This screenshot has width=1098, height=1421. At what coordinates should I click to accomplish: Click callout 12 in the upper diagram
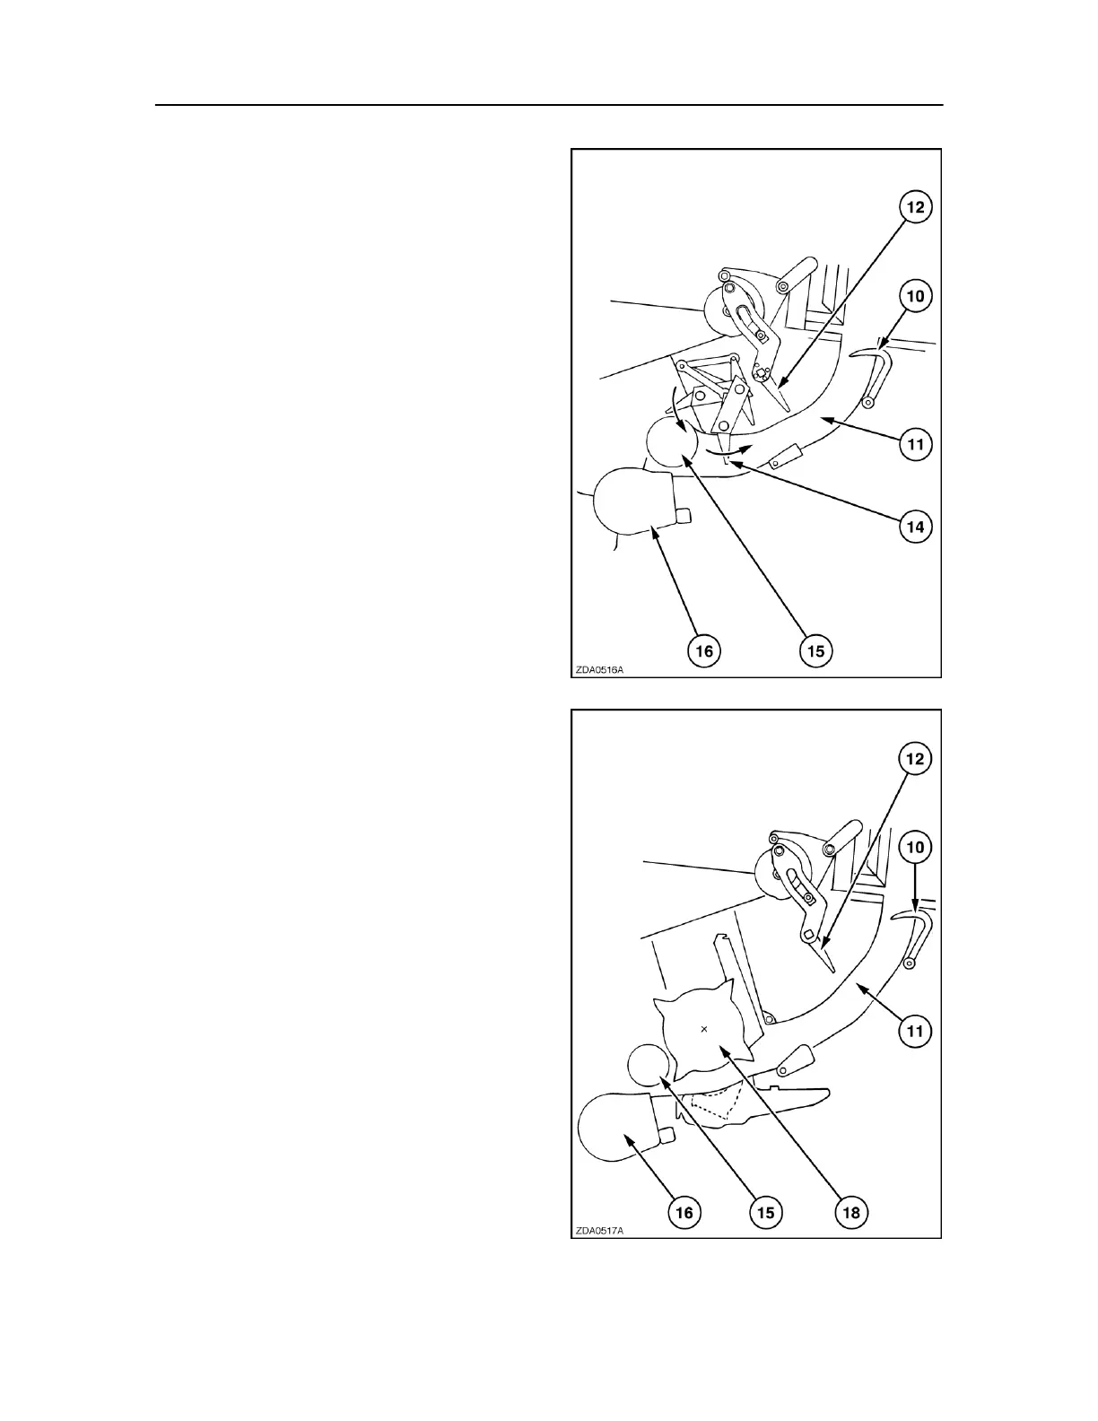coord(915,207)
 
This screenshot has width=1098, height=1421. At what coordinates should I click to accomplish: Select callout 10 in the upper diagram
coord(915,295)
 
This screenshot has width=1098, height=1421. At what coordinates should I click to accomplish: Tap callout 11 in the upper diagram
coord(915,443)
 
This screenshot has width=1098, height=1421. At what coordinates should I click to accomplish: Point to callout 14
coord(915,527)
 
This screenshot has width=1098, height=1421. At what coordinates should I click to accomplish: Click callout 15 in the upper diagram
coord(815,650)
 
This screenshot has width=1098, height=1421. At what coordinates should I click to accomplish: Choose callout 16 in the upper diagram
coord(705,650)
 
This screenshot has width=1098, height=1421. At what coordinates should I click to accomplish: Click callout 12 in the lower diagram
coord(915,759)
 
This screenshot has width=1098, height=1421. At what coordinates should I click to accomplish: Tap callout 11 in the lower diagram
coord(915,1032)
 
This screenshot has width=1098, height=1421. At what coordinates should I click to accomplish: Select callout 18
coord(850,1213)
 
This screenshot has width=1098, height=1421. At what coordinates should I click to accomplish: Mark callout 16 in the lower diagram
coord(684,1213)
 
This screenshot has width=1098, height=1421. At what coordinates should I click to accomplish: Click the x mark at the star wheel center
coord(704,1029)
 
